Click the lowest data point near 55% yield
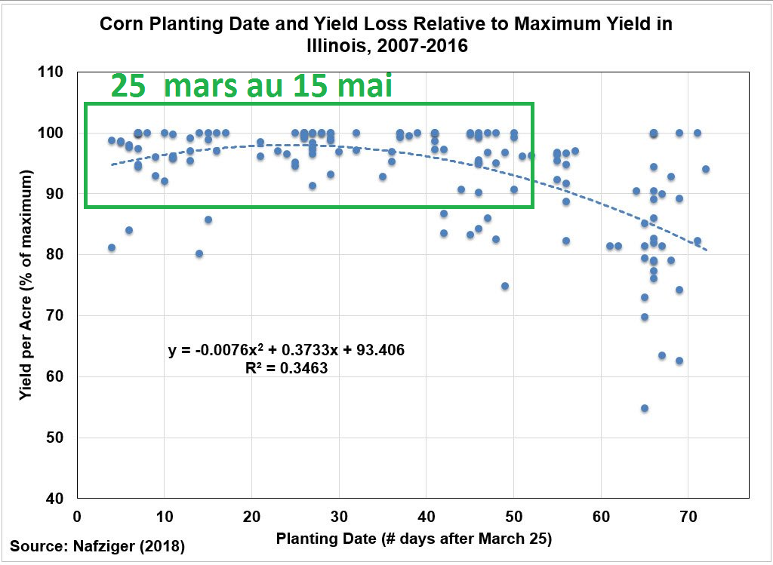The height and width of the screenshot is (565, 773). click(645, 408)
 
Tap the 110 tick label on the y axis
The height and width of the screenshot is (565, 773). click(55, 72)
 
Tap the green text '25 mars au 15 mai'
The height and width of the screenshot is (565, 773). click(251, 85)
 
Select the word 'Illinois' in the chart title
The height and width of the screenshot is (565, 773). click(337, 46)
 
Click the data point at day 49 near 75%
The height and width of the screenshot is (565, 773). click(505, 286)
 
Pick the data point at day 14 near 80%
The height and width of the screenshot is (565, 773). click(199, 253)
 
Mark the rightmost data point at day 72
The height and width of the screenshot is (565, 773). click(706, 169)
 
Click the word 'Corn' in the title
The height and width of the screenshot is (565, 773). click(120, 24)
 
